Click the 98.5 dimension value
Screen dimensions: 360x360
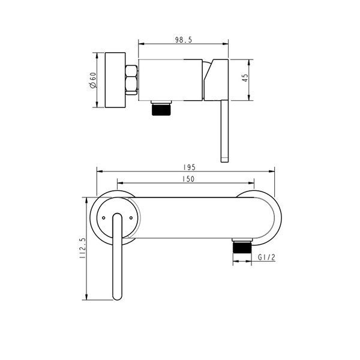click(x=183, y=40)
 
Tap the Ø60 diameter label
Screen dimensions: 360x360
click(x=93, y=80)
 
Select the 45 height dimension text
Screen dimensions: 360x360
click(x=245, y=78)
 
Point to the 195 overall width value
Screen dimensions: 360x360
click(x=190, y=167)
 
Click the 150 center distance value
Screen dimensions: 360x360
click(x=188, y=179)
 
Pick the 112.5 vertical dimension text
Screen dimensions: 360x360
click(x=82, y=248)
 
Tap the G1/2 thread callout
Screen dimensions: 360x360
click(x=266, y=257)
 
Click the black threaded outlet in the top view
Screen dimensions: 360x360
click(x=161, y=109)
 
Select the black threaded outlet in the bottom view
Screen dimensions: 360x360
click(x=242, y=247)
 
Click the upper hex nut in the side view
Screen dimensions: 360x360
click(x=131, y=71)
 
